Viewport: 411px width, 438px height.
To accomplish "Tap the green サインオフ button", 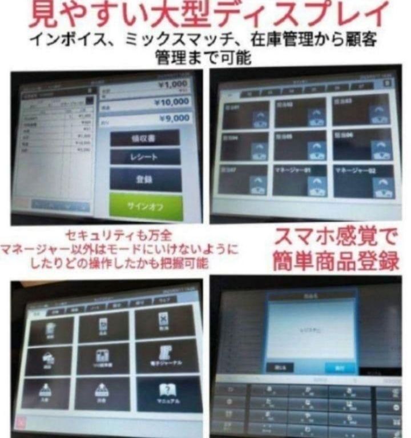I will (146, 206).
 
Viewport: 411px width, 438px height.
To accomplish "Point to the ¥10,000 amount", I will (171, 102).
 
